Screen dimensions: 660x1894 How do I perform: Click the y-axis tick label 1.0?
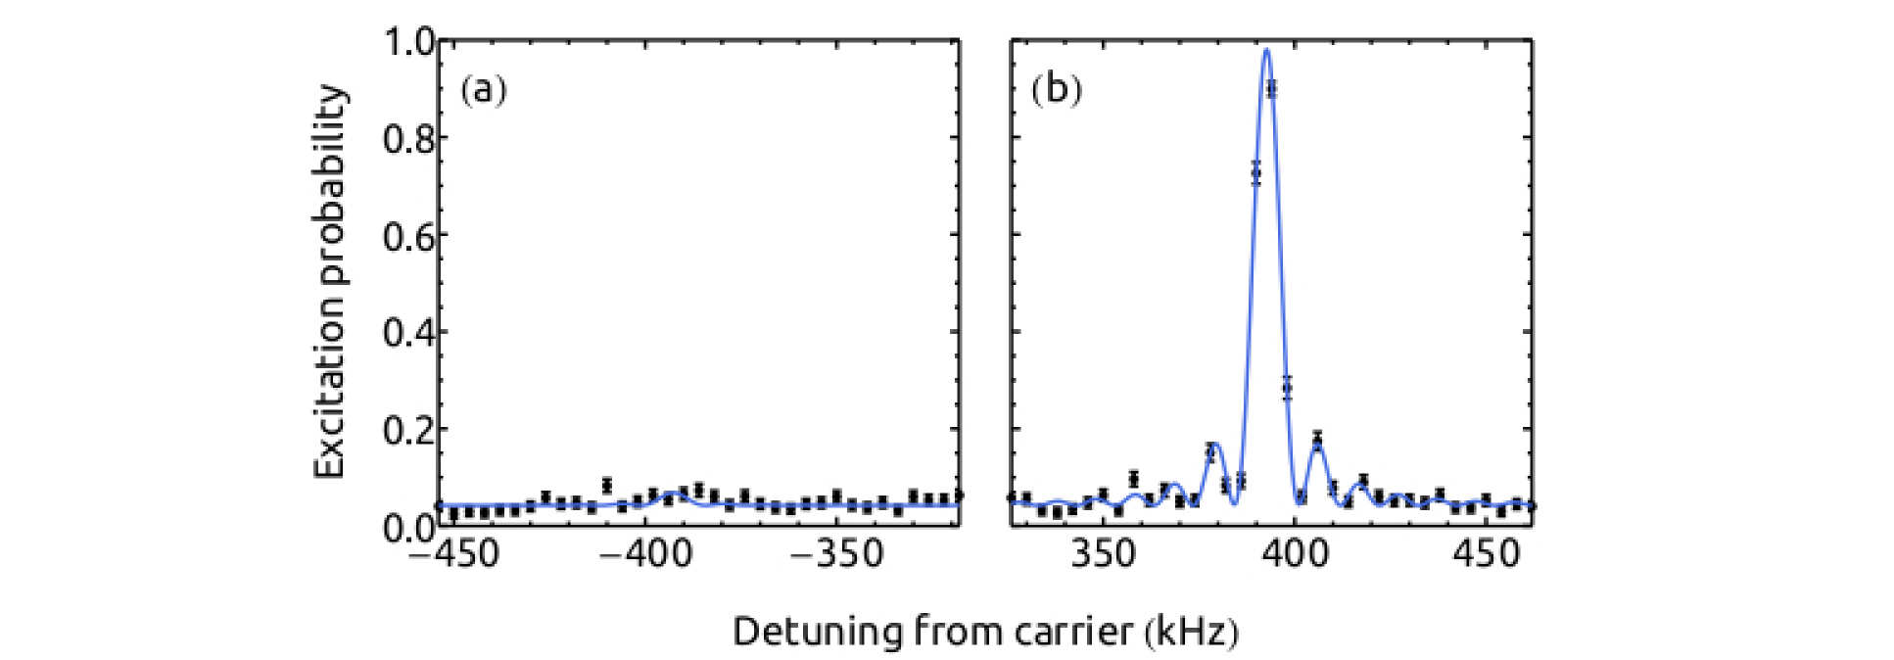coord(408,43)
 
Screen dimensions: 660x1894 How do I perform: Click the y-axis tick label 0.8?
coord(408,139)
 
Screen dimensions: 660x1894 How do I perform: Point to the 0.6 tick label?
coord(408,236)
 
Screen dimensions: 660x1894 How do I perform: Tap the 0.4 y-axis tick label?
coord(408,333)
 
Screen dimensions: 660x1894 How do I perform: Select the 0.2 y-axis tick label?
coord(408,430)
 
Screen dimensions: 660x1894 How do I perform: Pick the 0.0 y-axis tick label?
coord(408,527)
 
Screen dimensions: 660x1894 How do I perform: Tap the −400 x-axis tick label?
coord(644,555)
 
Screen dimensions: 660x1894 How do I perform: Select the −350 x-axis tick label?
coord(836,555)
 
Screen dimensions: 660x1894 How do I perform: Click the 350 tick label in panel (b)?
coord(1104,555)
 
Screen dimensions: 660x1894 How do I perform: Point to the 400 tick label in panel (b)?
coord(1296,555)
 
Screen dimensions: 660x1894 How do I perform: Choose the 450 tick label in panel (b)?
coord(1487,555)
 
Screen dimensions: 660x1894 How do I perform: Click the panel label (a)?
coord(483,91)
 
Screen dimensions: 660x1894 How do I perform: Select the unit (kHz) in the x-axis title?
coord(1192,632)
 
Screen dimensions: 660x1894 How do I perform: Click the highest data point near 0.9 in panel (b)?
coord(1271,89)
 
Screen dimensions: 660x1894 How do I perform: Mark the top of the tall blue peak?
coord(1267,50)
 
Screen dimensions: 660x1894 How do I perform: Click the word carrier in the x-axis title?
coord(1073,632)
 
